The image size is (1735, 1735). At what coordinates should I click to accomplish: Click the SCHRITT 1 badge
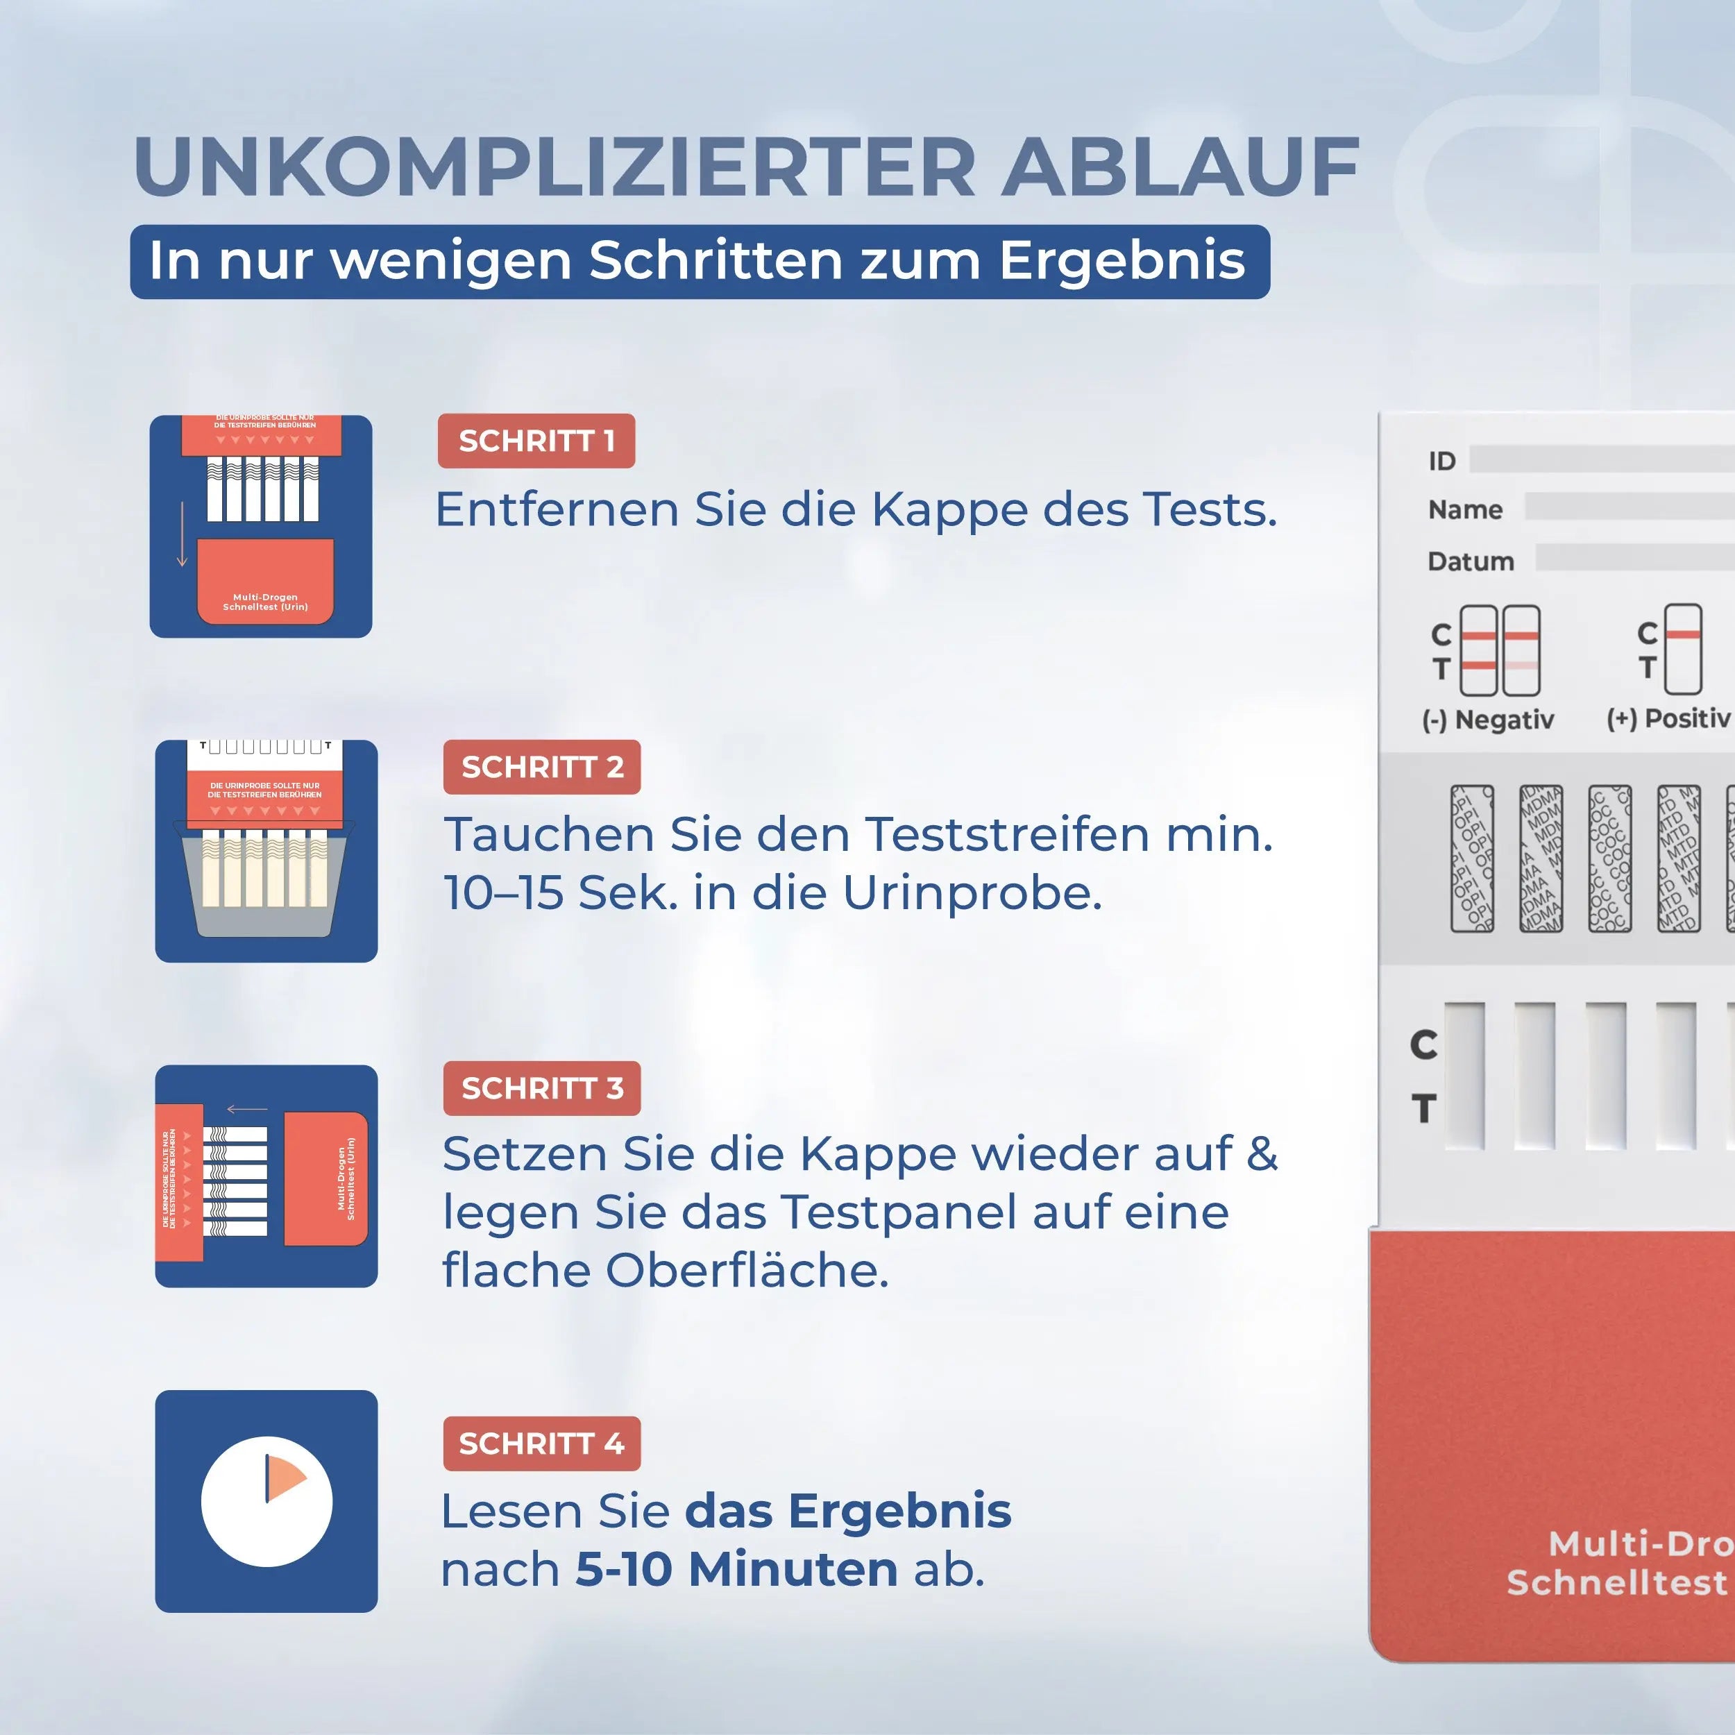pyautogui.click(x=536, y=441)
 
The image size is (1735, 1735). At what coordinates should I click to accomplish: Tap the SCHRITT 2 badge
pyautogui.click(x=541, y=767)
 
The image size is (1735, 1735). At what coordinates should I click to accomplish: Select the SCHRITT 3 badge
pyautogui.click(x=541, y=1087)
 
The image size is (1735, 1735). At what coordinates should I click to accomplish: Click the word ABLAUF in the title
pyautogui.click(x=1179, y=167)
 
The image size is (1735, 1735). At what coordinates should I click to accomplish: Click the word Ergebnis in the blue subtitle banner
pyautogui.click(x=1122, y=262)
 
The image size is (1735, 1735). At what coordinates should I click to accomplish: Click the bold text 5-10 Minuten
pyautogui.click(x=736, y=1569)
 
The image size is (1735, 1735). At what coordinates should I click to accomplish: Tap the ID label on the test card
pyautogui.click(x=1441, y=461)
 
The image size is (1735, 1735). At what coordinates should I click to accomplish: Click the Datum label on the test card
pyautogui.click(x=1470, y=561)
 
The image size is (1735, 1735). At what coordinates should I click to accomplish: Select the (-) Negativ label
pyautogui.click(x=1487, y=719)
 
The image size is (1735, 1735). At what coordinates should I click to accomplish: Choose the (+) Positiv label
pyautogui.click(x=1668, y=718)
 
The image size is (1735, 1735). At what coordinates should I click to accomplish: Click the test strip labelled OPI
pyautogui.click(x=1472, y=858)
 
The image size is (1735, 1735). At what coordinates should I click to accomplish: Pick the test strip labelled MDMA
pyautogui.click(x=1540, y=858)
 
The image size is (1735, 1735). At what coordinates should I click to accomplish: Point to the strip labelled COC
pyautogui.click(x=1609, y=858)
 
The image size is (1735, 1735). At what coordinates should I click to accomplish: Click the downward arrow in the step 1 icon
pyautogui.click(x=183, y=534)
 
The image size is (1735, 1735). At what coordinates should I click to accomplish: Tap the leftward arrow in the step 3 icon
pyautogui.click(x=246, y=1109)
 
